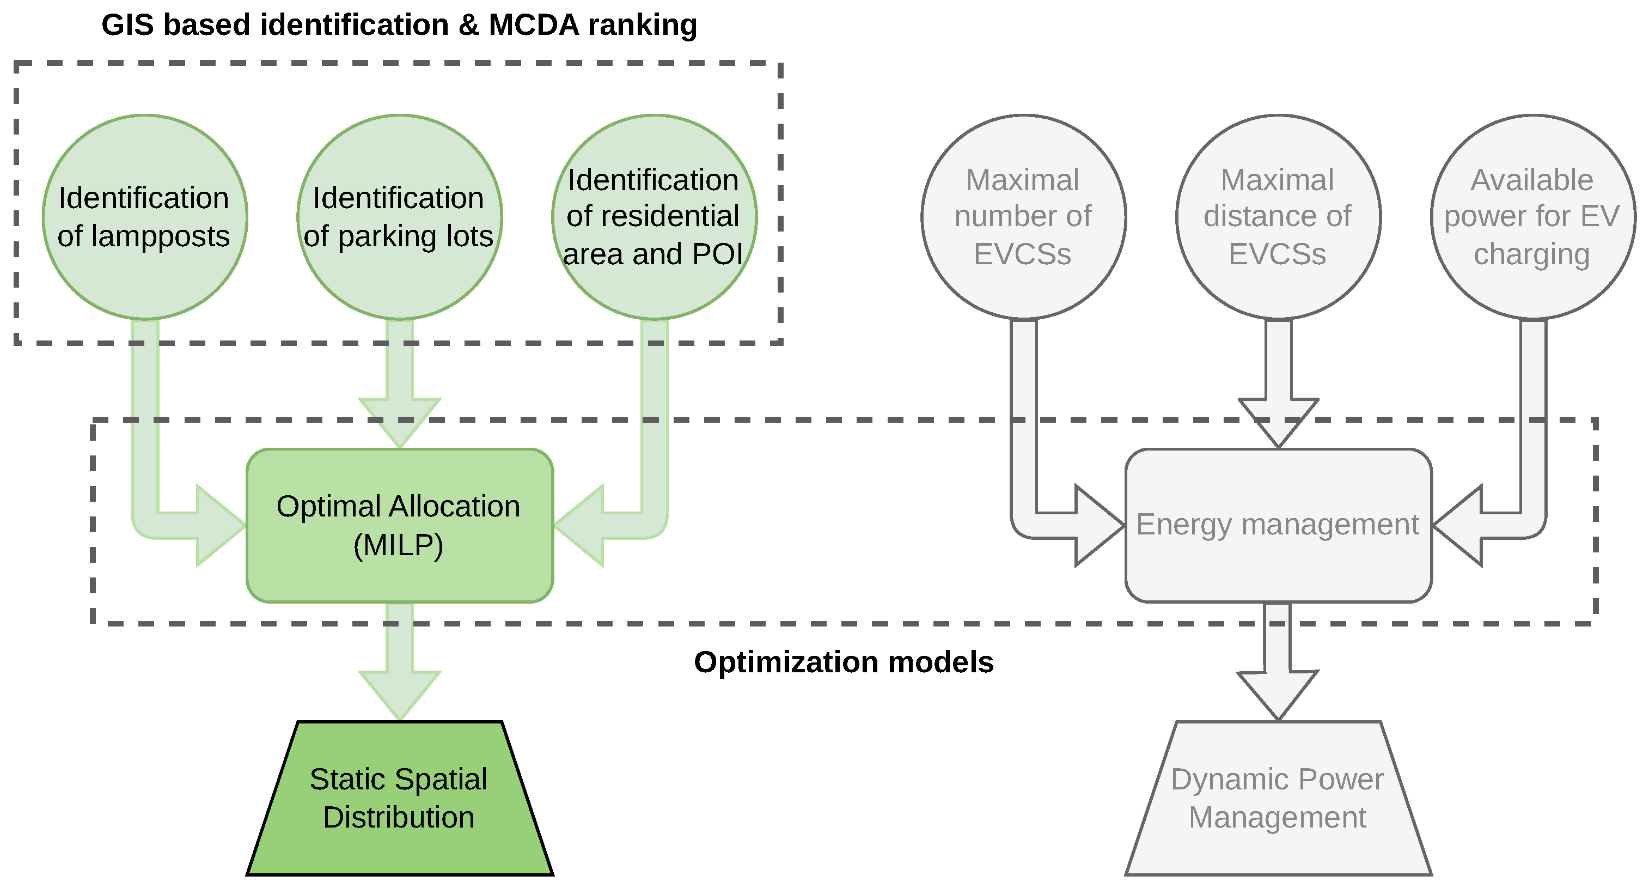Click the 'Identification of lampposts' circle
(145, 217)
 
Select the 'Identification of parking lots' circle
(400, 217)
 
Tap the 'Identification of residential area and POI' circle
(655, 217)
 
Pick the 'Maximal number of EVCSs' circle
(1024, 217)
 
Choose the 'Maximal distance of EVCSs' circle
(1279, 217)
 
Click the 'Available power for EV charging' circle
(1534, 217)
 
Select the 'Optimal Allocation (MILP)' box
(400, 526)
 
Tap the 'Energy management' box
(1279, 526)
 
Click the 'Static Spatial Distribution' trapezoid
(400, 798)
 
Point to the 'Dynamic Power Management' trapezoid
(1279, 798)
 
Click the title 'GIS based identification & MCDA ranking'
(399, 26)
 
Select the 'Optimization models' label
(844, 662)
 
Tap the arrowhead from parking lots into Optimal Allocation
(400, 423)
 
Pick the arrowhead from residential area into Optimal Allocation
(578, 526)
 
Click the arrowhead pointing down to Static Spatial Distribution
(400, 695)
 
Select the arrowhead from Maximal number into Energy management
(1100, 526)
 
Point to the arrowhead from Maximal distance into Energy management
(1279, 423)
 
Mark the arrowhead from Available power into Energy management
(1457, 526)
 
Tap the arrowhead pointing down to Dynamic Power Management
(1278, 695)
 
